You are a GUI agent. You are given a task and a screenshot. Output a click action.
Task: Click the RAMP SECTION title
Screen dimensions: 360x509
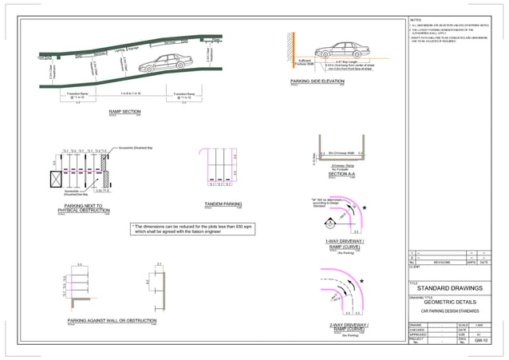(124, 112)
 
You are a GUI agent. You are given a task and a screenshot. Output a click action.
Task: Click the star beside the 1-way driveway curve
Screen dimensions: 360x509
(364, 208)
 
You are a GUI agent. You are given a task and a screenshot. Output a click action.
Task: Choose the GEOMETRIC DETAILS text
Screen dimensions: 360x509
(452, 303)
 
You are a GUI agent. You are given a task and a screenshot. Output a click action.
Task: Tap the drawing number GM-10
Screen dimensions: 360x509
(480, 341)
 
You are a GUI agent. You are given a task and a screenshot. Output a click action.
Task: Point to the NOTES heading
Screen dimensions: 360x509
(416, 19)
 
